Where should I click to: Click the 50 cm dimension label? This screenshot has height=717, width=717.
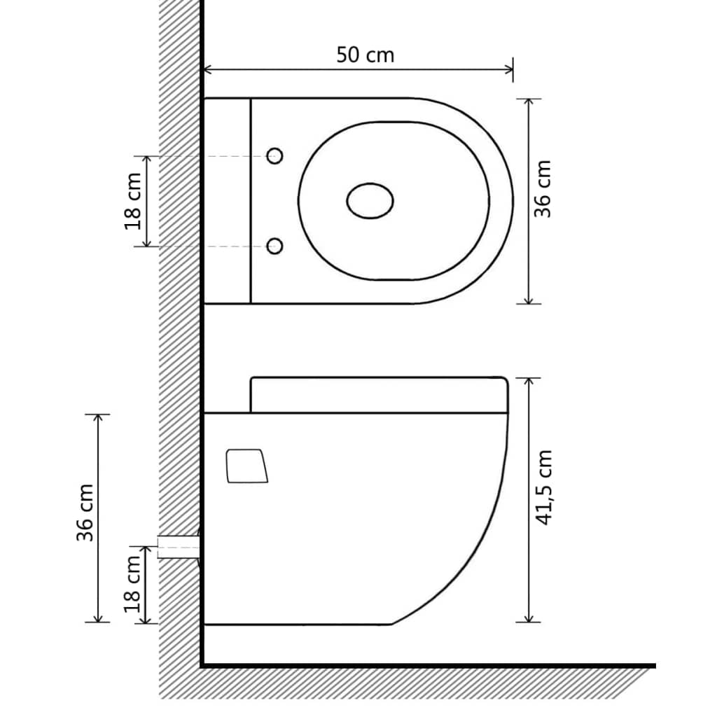point(365,55)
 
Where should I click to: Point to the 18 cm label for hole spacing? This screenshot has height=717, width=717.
point(133,201)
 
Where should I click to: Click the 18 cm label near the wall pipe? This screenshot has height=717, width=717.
point(133,584)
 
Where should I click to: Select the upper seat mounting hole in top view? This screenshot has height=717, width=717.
point(275,156)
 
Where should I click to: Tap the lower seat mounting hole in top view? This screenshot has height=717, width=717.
point(275,246)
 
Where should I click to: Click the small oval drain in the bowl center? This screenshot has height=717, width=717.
point(370,201)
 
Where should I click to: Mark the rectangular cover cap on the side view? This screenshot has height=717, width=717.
point(246,466)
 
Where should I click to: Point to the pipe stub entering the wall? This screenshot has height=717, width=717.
point(179,546)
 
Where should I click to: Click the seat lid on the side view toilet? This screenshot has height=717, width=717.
point(378,395)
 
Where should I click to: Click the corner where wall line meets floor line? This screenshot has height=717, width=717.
point(202,664)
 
